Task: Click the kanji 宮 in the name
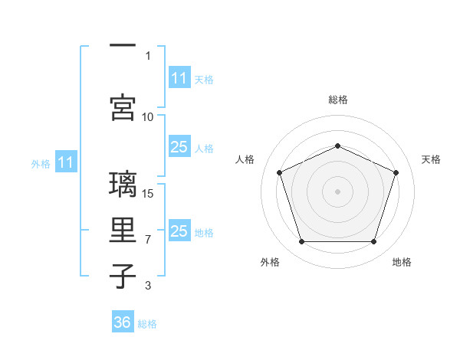[123, 107]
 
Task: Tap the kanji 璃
[123, 184]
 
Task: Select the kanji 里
[123, 230]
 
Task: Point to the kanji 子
[123, 276]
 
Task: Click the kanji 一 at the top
[123, 45]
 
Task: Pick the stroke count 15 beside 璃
[147, 194]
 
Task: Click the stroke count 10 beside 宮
[147, 117]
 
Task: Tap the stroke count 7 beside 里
[148, 240]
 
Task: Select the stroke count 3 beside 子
[148, 285]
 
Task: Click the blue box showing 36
[123, 321]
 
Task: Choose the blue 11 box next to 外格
[66, 162]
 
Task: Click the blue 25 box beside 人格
[180, 146]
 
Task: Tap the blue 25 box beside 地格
[180, 230]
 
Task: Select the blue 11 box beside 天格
[180, 77]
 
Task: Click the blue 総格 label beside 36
[147, 324]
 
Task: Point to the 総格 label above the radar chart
[338, 100]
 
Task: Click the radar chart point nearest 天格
[396, 172]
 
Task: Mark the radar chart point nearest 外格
[302, 242]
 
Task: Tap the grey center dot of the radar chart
[337, 191]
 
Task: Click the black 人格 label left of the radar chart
[245, 159]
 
